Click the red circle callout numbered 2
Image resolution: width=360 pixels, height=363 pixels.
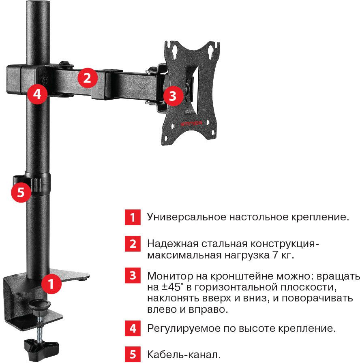(87, 78)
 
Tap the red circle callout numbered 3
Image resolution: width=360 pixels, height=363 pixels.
(173, 96)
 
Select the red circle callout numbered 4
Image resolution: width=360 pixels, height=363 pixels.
(37, 94)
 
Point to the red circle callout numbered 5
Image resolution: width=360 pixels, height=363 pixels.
(21, 192)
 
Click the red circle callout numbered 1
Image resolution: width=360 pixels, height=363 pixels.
(51, 284)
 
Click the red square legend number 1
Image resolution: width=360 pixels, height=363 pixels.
(133, 217)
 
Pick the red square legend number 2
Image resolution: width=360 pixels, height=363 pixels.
(133, 243)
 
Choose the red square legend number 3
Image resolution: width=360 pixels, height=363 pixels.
(133, 275)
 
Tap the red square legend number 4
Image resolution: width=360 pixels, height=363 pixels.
(133, 328)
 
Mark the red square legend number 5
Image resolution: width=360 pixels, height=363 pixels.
(133, 354)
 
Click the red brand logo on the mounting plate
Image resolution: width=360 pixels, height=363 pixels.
(191, 124)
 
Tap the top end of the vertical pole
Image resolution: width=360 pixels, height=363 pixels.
(38, 2)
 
